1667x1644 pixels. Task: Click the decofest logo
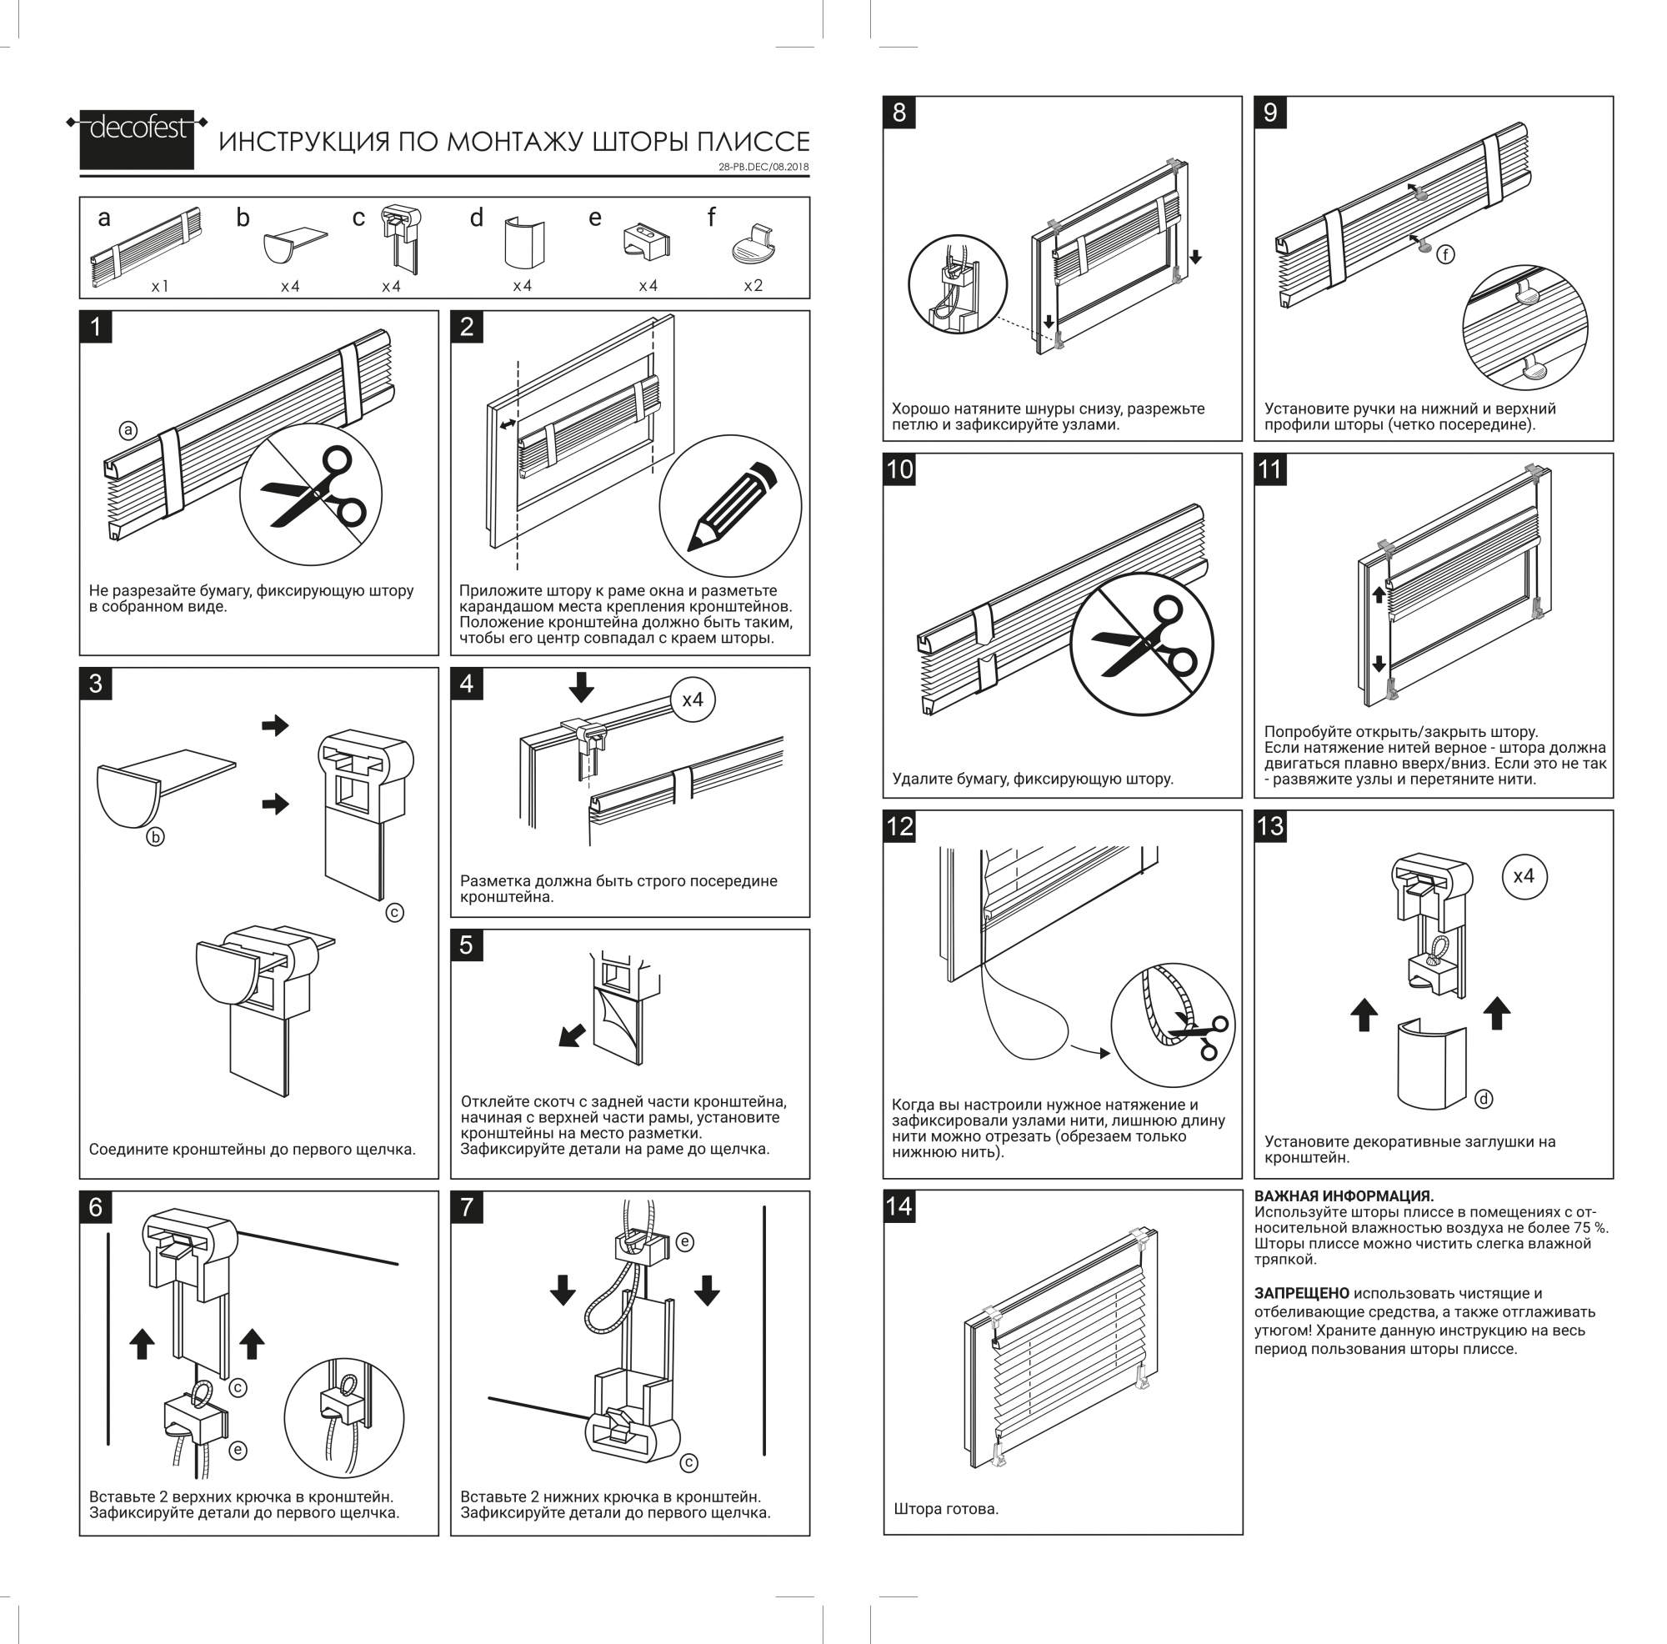[x=138, y=138]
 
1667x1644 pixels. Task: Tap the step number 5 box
[x=467, y=945]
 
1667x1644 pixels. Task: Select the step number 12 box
[x=899, y=826]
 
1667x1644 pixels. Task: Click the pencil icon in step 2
[x=730, y=506]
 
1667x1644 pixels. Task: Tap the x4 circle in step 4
[x=693, y=699]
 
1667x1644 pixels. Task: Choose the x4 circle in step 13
[x=1524, y=876]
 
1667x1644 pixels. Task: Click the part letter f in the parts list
[x=711, y=218]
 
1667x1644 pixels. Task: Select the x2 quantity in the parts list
[x=753, y=286]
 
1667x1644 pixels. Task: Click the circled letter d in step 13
[x=1484, y=1099]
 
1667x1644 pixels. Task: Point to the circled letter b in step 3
[x=155, y=836]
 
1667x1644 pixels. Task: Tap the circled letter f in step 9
[x=1445, y=253]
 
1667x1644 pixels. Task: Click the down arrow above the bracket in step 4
[x=582, y=686]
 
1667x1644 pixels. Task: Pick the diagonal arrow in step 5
[x=572, y=1035]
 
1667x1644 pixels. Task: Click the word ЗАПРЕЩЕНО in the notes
[x=1301, y=1293]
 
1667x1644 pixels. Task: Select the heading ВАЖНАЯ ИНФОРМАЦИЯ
[x=1344, y=1196]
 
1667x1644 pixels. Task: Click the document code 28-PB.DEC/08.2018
[x=763, y=168]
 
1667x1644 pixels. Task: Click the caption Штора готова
[x=946, y=1508]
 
